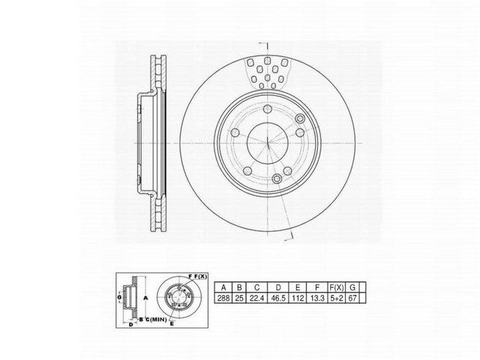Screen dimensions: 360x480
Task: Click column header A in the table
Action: tap(223, 285)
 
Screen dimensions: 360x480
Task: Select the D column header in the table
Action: tap(278, 285)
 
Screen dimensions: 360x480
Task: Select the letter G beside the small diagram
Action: tap(118, 299)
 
